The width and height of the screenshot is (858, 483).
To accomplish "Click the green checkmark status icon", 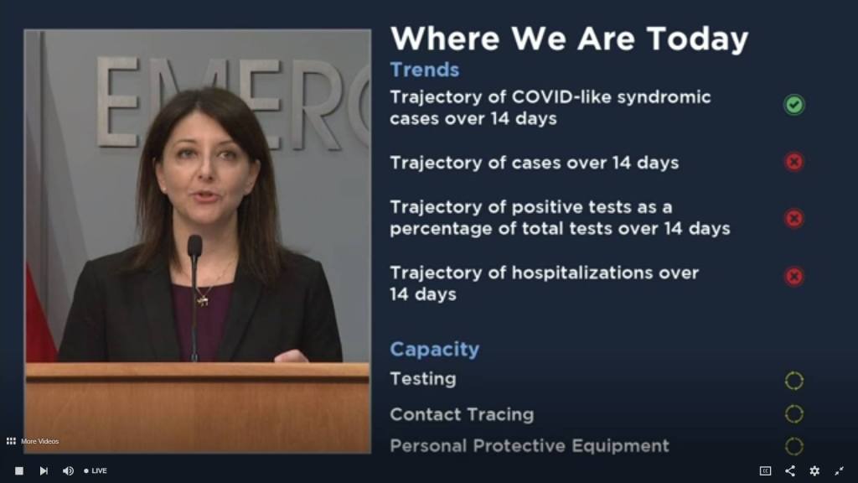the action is [794, 105].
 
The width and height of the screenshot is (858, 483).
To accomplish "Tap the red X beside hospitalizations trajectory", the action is [794, 276].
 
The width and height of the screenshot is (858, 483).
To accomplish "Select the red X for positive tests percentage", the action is [794, 219].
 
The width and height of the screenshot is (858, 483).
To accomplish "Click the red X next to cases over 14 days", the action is [794, 162].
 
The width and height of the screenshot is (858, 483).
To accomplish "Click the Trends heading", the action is [425, 70].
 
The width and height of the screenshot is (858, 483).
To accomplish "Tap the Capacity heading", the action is [435, 350].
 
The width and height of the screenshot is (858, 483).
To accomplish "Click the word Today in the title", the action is [697, 39].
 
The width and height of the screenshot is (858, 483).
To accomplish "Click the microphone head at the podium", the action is [194, 246].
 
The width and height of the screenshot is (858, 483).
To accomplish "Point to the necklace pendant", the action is [203, 300].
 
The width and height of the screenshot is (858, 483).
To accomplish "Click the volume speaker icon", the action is [68, 471].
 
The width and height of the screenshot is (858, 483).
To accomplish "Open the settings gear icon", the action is [814, 471].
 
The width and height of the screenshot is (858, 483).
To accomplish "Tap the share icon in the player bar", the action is [790, 471].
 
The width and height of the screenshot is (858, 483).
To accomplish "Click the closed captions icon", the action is [766, 471].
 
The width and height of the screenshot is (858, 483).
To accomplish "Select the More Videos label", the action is [39, 441].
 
